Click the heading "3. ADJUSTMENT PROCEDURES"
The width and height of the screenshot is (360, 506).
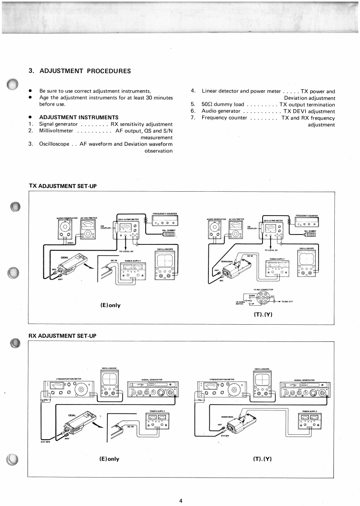coord(80,71)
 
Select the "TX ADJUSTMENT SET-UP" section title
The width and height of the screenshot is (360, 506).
coord(63,186)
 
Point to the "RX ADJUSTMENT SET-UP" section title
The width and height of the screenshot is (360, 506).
coord(63,336)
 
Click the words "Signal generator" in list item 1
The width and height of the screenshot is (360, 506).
coord(59,124)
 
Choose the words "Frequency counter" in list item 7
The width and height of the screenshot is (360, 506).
coord(224,118)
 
